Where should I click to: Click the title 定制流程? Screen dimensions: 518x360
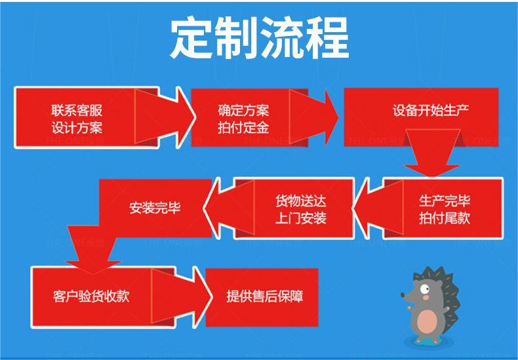[259, 37]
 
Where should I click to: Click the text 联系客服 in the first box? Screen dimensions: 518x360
[77, 111]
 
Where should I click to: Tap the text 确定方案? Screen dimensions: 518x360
[243, 111]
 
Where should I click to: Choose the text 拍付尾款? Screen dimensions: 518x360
[445, 218]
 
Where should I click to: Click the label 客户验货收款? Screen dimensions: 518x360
[91, 296]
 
